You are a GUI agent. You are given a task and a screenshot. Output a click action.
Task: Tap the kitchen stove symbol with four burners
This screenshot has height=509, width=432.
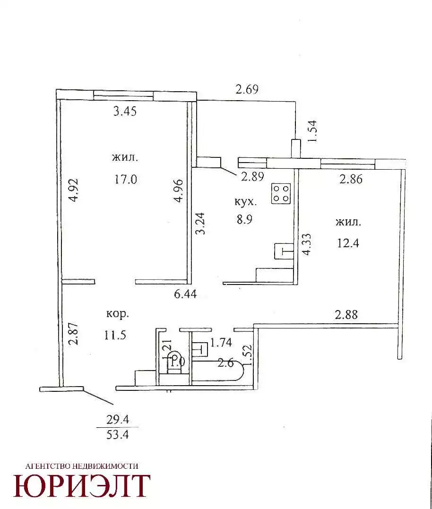point(281,194)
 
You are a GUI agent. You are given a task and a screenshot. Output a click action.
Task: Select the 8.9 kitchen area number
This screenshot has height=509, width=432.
point(244,219)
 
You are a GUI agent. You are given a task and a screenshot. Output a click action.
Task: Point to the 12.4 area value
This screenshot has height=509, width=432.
point(348,243)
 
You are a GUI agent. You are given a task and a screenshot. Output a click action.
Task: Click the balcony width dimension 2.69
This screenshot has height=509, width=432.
point(247,89)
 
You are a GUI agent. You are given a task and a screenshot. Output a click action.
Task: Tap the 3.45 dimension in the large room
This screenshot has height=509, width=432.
point(125,112)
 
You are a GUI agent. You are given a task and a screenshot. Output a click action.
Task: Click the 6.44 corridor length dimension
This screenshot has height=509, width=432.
point(185,294)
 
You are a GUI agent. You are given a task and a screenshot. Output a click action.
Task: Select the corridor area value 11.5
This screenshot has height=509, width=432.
point(115,335)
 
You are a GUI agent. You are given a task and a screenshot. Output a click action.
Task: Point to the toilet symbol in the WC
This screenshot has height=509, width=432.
point(174,361)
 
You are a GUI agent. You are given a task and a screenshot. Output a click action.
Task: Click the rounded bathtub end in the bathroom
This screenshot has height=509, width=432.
point(242,371)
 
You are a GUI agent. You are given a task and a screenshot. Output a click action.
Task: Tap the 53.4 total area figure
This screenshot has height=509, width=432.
point(118,434)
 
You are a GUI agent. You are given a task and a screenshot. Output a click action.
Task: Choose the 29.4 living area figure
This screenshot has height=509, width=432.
point(118,420)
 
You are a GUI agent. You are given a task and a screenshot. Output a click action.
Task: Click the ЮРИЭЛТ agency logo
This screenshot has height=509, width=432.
point(81,486)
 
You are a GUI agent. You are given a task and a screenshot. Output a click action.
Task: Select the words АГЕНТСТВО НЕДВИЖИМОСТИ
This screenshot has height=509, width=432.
point(82,466)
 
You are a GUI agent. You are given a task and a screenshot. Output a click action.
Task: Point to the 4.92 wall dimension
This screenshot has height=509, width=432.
point(74,190)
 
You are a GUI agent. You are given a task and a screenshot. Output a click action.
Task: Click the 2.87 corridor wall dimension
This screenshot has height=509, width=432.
point(74,333)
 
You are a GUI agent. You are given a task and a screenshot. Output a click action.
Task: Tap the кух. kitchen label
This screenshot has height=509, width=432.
point(245,202)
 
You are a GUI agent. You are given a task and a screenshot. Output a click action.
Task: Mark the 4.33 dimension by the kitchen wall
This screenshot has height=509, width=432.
point(306,244)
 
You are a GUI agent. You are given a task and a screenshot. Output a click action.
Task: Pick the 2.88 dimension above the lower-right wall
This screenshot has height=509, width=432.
point(346,315)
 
